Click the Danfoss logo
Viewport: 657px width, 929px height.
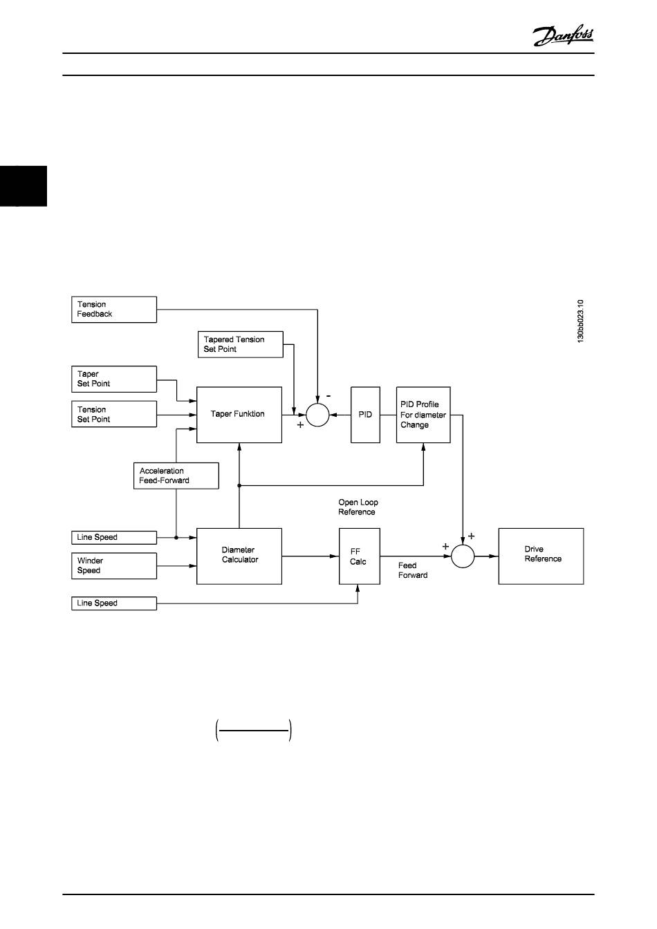coord(563,35)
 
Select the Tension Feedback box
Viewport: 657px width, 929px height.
coord(114,310)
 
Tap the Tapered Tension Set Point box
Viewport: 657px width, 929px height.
coord(240,344)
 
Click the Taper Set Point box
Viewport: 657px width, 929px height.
coord(114,379)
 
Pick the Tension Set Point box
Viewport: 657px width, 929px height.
coord(114,414)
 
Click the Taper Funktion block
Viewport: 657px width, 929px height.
coord(239,415)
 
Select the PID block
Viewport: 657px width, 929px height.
coord(365,415)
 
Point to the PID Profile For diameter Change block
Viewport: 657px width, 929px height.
coord(423,415)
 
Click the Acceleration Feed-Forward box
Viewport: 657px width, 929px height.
coord(176,476)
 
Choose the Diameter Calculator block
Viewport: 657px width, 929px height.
coord(239,556)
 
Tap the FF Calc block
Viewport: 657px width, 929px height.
coord(359,556)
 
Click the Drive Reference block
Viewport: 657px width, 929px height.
coord(541,556)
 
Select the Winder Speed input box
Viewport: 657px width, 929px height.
coord(114,565)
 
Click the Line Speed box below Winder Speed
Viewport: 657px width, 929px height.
coord(114,603)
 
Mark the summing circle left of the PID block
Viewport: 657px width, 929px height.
coord(317,415)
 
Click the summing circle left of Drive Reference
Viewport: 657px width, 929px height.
coord(463,556)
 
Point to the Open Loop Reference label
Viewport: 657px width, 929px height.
coord(358,507)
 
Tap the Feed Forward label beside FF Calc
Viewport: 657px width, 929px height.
coord(412,570)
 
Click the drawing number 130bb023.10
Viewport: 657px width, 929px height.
coord(581,321)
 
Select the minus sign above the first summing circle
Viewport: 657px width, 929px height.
coord(328,396)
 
